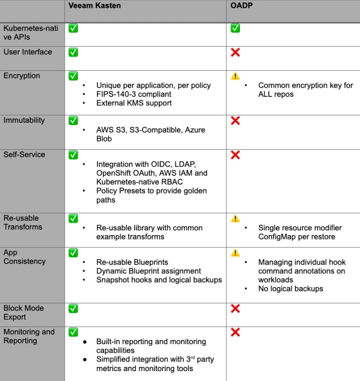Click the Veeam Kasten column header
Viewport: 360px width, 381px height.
[x=94, y=6]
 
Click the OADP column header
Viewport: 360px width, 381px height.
[x=241, y=6]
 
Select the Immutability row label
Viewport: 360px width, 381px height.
[x=24, y=120]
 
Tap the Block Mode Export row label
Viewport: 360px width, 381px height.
[x=24, y=313]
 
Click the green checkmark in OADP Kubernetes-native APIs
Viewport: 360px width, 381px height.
[x=235, y=28]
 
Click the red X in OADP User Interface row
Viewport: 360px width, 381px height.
[x=235, y=52]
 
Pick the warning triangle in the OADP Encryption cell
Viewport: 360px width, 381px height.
[x=235, y=76]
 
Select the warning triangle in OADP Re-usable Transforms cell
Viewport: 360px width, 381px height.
[x=235, y=219]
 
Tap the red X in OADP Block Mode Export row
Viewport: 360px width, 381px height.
[x=235, y=309]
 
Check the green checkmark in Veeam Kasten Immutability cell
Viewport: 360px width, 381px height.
[x=73, y=120]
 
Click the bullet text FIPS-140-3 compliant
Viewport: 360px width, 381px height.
[x=134, y=94]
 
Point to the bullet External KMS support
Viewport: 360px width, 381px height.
[x=134, y=103]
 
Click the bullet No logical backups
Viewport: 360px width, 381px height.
[x=291, y=288]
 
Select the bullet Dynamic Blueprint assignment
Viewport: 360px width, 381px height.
[x=149, y=271]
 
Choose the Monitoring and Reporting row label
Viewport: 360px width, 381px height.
[x=29, y=336]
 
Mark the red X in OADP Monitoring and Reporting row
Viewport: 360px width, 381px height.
[x=235, y=332]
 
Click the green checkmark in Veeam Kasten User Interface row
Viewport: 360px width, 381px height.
[x=73, y=52]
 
